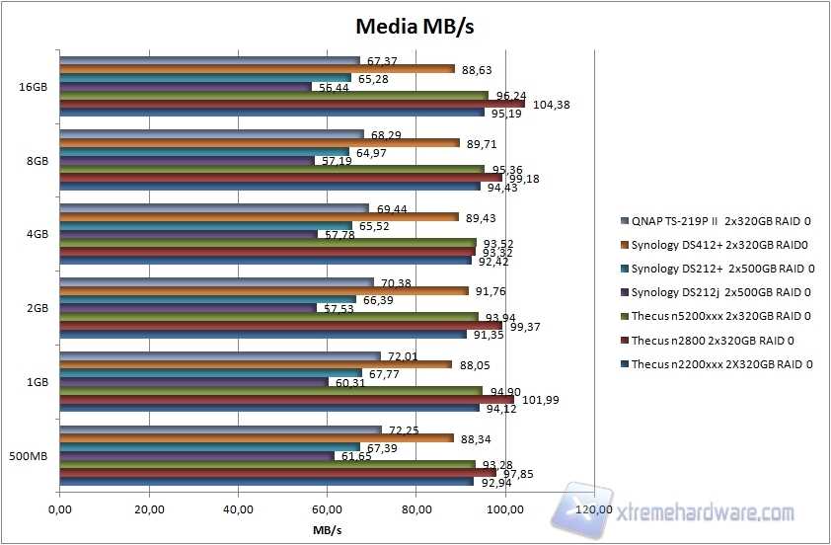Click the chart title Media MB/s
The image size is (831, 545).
pyautogui.click(x=415, y=26)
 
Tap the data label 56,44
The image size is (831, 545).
pyautogui.click(x=335, y=87)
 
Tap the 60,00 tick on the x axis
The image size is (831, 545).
pyautogui.click(x=327, y=510)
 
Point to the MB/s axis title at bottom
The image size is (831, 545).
pyautogui.click(x=327, y=529)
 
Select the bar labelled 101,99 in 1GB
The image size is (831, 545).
pyautogui.click(x=286, y=400)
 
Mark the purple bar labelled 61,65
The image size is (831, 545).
pyautogui.click(x=196, y=456)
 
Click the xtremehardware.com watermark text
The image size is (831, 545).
pyautogui.click(x=704, y=513)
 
